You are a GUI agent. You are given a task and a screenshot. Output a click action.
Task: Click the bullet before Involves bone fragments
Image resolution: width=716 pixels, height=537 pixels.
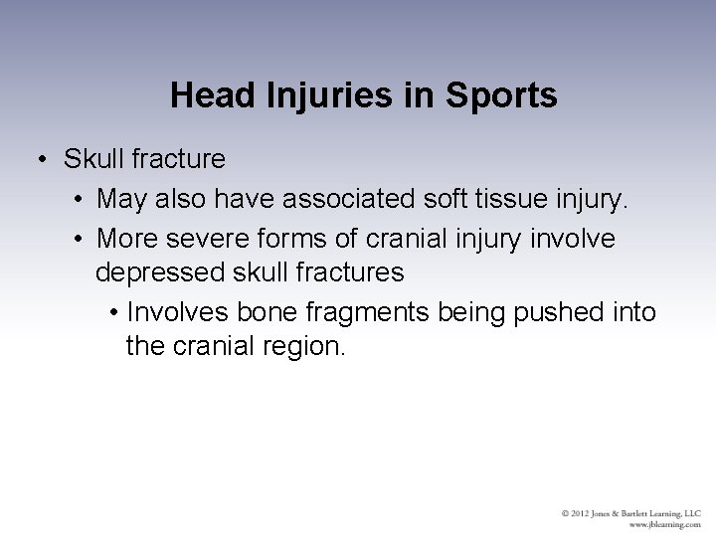[x=115, y=313]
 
